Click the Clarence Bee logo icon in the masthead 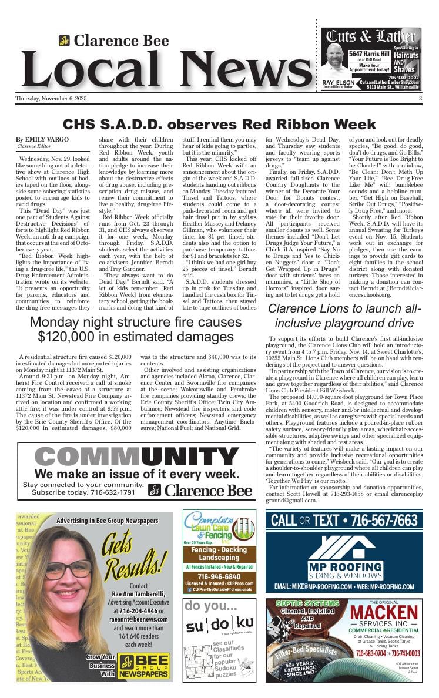(x=64, y=41)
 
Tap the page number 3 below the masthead (x=420, y=98)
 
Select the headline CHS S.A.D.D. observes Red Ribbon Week (x=219, y=125)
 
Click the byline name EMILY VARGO (x=47, y=139)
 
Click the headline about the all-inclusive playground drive (x=345, y=316)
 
